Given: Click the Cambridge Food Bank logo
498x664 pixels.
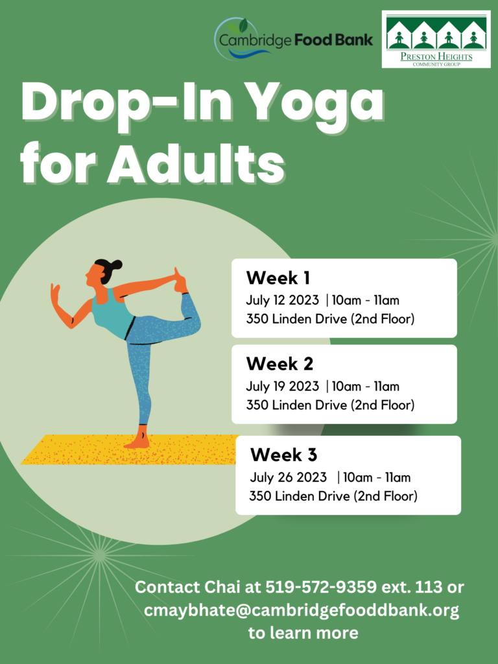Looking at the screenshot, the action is [294, 39].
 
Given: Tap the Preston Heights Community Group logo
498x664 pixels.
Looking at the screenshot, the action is [436, 40].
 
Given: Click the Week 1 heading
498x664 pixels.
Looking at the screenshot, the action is [278, 278].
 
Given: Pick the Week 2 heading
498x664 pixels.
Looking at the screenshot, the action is [279, 364].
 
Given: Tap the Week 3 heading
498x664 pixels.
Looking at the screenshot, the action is [283, 455].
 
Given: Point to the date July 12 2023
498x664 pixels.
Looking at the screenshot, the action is [283, 301].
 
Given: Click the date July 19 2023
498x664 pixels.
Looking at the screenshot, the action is [283, 386].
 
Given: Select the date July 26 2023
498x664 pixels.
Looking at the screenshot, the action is [288, 478].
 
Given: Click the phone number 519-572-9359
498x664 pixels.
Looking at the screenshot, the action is [321, 587].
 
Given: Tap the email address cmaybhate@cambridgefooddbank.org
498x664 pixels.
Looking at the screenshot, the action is [301, 611].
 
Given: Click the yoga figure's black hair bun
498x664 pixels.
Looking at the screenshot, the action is [115, 265].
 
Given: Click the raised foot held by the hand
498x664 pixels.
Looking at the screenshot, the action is [180, 280].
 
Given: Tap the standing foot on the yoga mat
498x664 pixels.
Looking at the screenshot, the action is [138, 442].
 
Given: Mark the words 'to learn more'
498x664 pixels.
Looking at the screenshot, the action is [303, 633].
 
